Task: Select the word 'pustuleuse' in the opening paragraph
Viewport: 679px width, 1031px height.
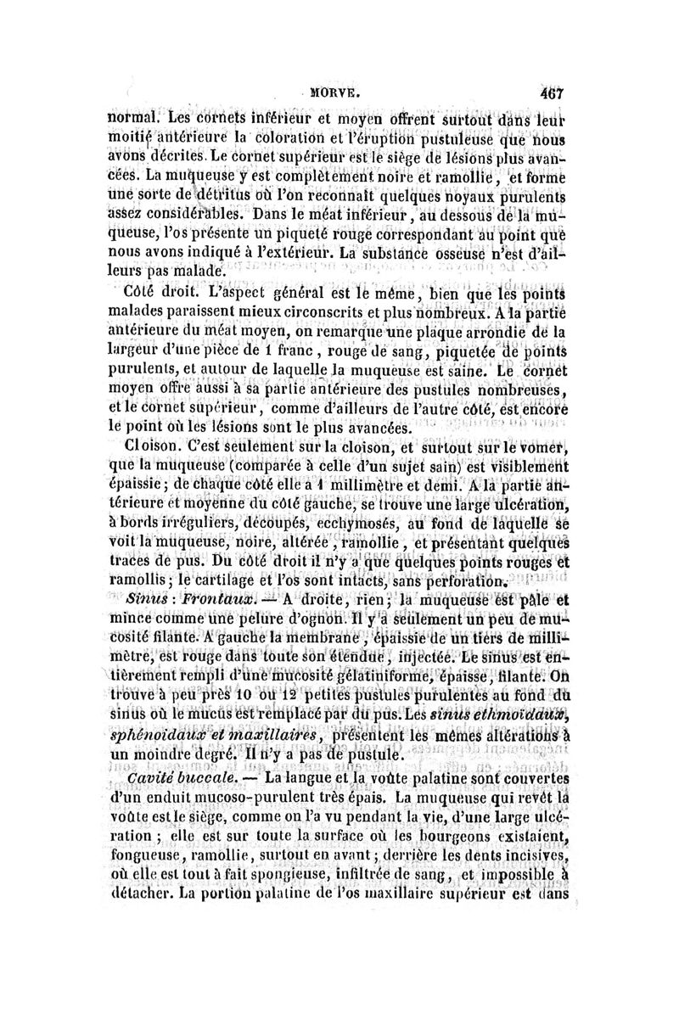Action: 462,136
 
